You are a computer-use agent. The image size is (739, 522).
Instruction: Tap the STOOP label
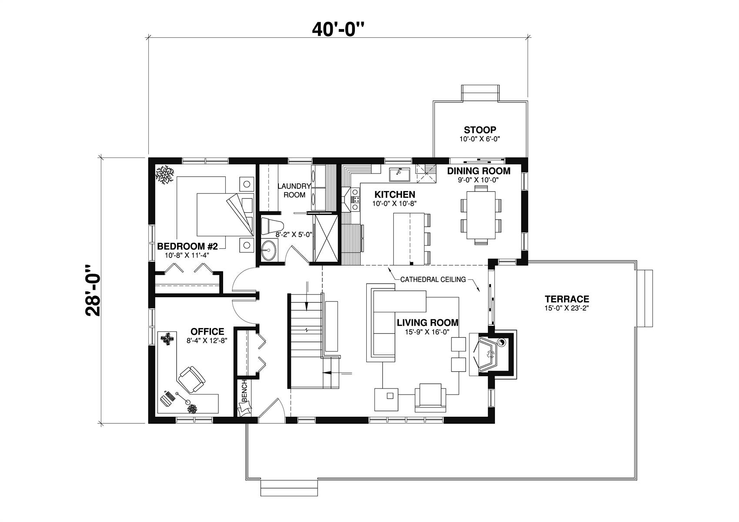click(480, 130)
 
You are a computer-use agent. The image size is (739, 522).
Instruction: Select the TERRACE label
click(567, 299)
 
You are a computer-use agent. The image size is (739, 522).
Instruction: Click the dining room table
click(481, 215)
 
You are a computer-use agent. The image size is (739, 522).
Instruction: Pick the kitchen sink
click(399, 174)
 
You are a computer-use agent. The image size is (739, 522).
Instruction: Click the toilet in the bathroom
click(272, 226)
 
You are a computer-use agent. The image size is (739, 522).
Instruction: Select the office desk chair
click(191, 379)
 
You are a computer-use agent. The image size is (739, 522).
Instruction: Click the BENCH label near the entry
click(244, 391)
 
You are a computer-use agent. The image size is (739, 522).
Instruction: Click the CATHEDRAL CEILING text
click(433, 279)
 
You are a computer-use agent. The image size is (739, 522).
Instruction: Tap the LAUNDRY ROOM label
click(294, 191)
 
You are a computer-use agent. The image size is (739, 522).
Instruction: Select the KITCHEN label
click(395, 194)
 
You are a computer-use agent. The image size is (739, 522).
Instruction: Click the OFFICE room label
click(207, 331)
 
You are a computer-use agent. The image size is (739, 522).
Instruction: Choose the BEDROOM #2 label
click(187, 246)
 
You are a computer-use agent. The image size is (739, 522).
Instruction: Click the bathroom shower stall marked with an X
click(325, 238)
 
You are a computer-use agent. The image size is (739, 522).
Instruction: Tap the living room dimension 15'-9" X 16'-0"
click(427, 332)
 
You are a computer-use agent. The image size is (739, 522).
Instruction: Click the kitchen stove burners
click(356, 199)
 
